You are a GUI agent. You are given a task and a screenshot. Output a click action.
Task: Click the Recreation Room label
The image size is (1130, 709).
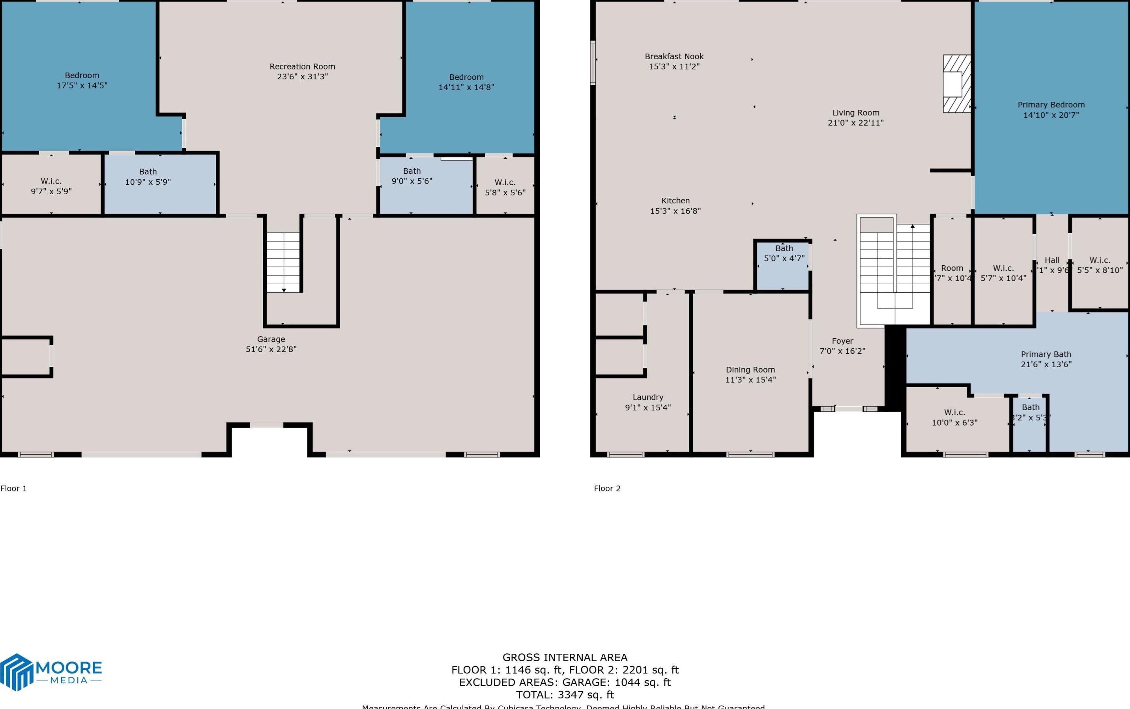(302, 67)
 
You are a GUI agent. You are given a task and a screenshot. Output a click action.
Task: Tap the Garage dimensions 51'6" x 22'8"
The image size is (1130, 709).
(271, 349)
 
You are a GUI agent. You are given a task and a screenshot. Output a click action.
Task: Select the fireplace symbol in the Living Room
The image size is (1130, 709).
(956, 84)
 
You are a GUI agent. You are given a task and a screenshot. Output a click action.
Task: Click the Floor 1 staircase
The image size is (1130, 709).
(283, 262)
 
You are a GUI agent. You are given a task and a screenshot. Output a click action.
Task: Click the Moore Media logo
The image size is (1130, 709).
(51, 672)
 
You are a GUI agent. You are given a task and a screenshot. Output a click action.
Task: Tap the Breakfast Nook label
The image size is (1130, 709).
(674, 57)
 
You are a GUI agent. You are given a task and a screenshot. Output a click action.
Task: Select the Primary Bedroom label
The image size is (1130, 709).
(1051, 105)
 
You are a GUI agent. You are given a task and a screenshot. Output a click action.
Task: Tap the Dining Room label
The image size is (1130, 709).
(750, 370)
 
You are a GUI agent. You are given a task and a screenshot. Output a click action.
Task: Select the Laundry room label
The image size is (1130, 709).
(648, 397)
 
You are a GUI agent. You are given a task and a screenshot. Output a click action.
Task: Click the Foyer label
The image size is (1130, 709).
(842, 341)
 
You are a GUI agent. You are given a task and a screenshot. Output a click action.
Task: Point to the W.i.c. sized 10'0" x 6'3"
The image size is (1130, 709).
(955, 417)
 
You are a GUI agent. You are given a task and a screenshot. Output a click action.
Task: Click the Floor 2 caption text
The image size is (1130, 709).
(607, 489)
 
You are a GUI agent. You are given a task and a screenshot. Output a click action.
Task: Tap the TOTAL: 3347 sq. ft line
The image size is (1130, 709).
(565, 695)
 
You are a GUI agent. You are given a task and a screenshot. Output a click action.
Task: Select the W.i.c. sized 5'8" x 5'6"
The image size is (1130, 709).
(505, 187)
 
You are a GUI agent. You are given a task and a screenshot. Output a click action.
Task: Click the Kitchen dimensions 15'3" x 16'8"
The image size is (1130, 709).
(675, 211)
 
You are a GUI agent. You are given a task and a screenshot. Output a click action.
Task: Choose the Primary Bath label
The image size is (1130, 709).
(1046, 354)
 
